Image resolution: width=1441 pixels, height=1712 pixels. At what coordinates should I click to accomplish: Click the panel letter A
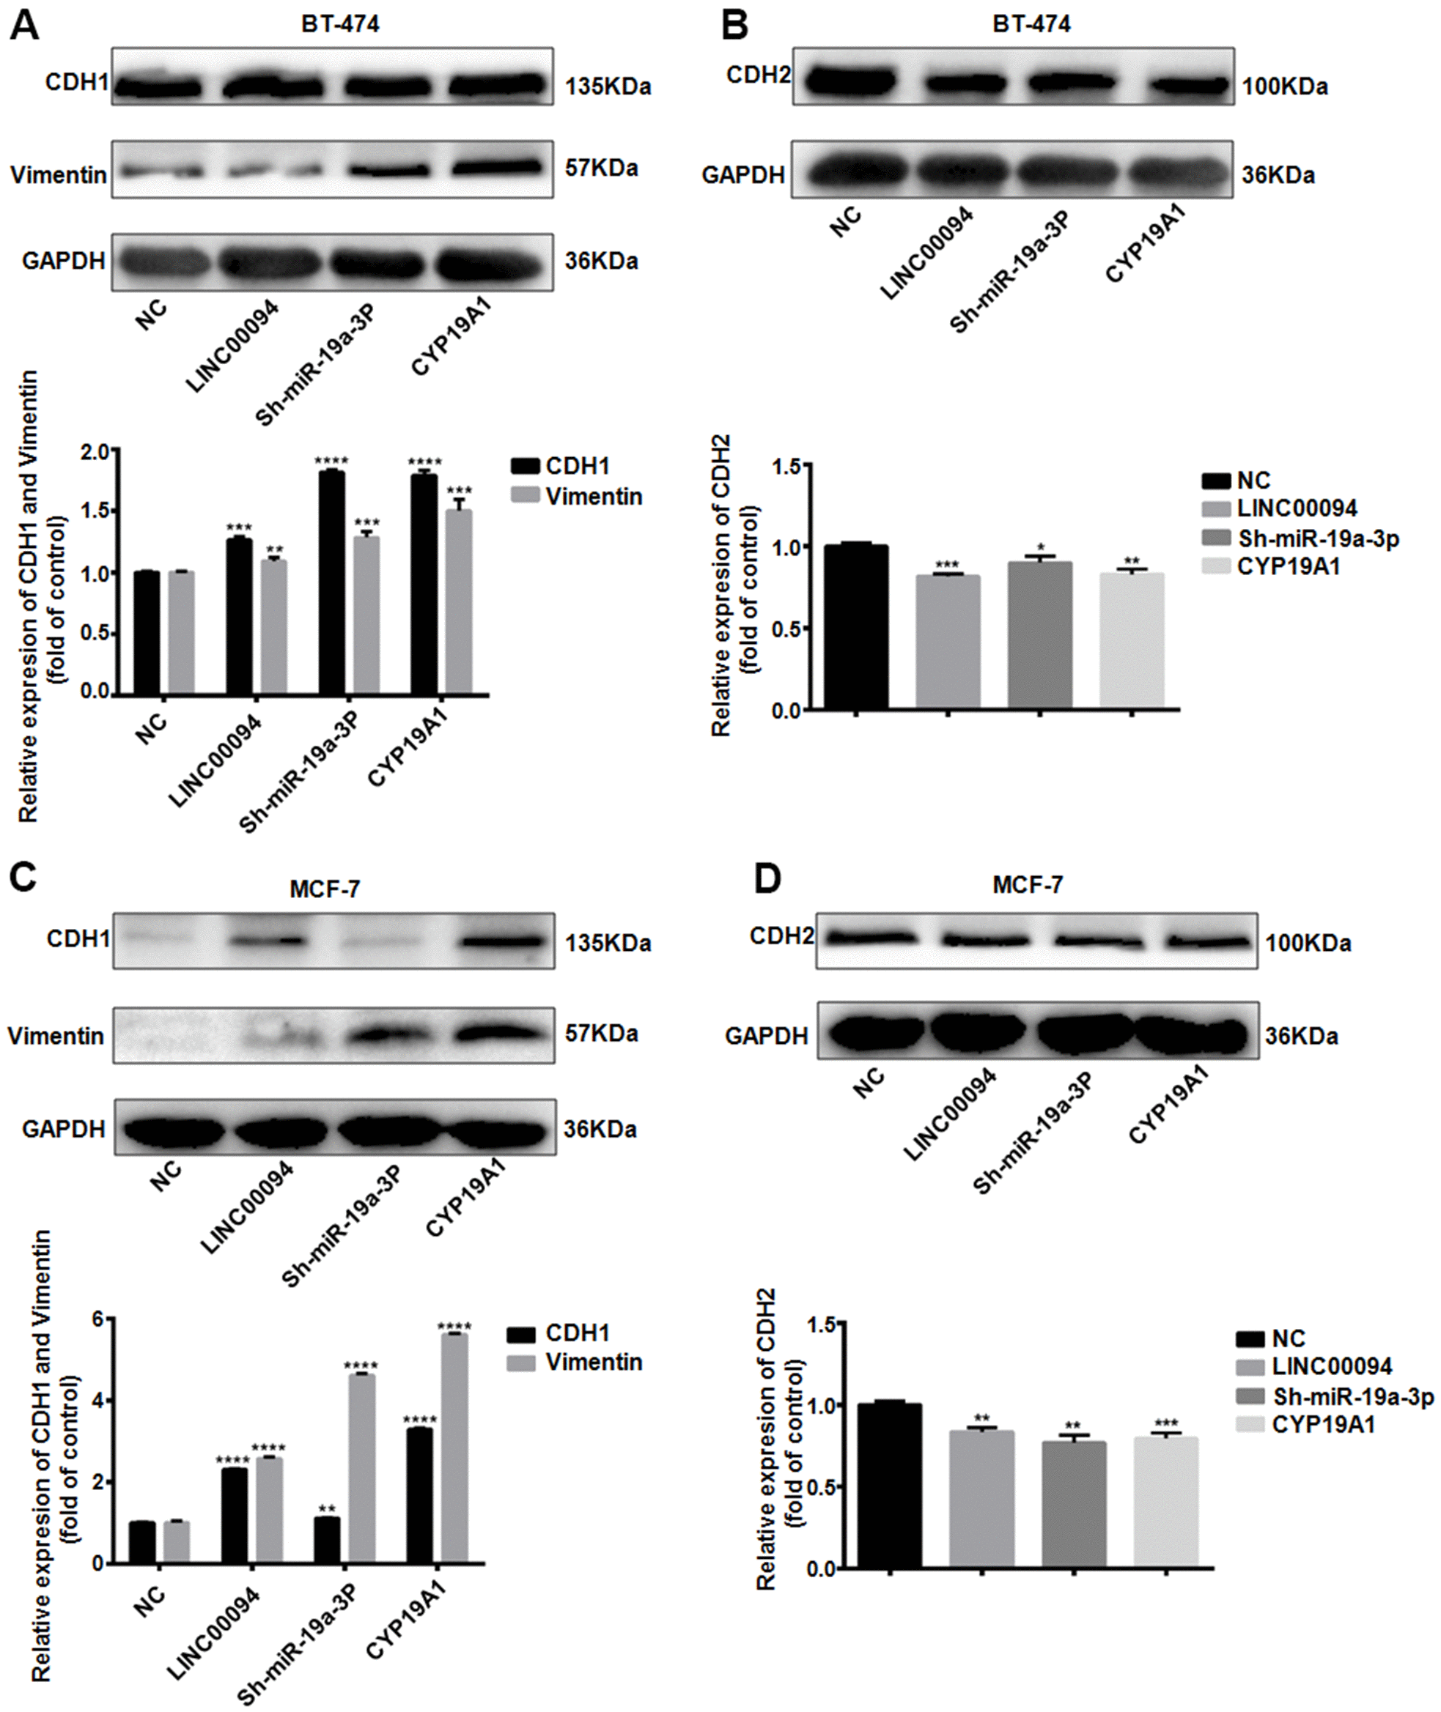(x=24, y=26)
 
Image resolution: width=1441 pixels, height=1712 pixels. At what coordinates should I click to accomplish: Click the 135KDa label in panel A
(x=608, y=86)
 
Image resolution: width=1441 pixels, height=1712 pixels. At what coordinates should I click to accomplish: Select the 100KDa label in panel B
(x=1285, y=86)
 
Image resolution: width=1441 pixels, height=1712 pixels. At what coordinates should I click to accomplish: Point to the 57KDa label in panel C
(x=601, y=1034)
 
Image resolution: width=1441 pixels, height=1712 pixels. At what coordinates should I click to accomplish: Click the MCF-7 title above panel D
(x=1028, y=885)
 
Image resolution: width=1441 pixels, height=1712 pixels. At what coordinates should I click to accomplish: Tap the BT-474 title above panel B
(x=1031, y=24)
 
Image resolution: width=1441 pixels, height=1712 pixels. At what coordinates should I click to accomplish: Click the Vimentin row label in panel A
(x=58, y=174)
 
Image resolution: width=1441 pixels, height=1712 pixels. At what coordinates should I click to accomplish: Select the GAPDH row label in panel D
(x=766, y=1036)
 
